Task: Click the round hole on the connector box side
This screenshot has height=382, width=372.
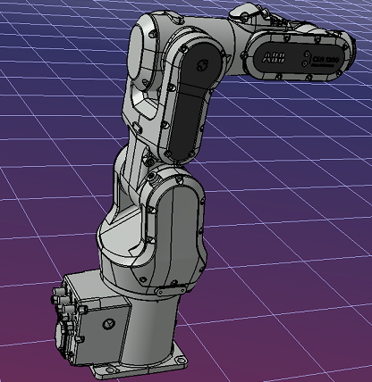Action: point(110,320)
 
